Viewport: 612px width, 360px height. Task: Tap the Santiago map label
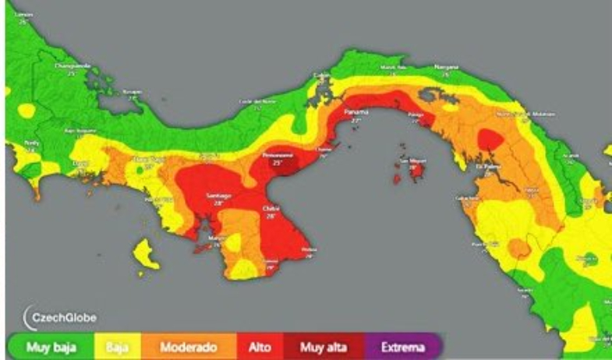[x=220, y=194]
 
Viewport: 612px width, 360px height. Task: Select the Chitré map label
[x=271, y=209]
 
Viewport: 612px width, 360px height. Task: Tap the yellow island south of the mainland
[x=143, y=253]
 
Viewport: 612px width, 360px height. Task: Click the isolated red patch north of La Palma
[x=490, y=139]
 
